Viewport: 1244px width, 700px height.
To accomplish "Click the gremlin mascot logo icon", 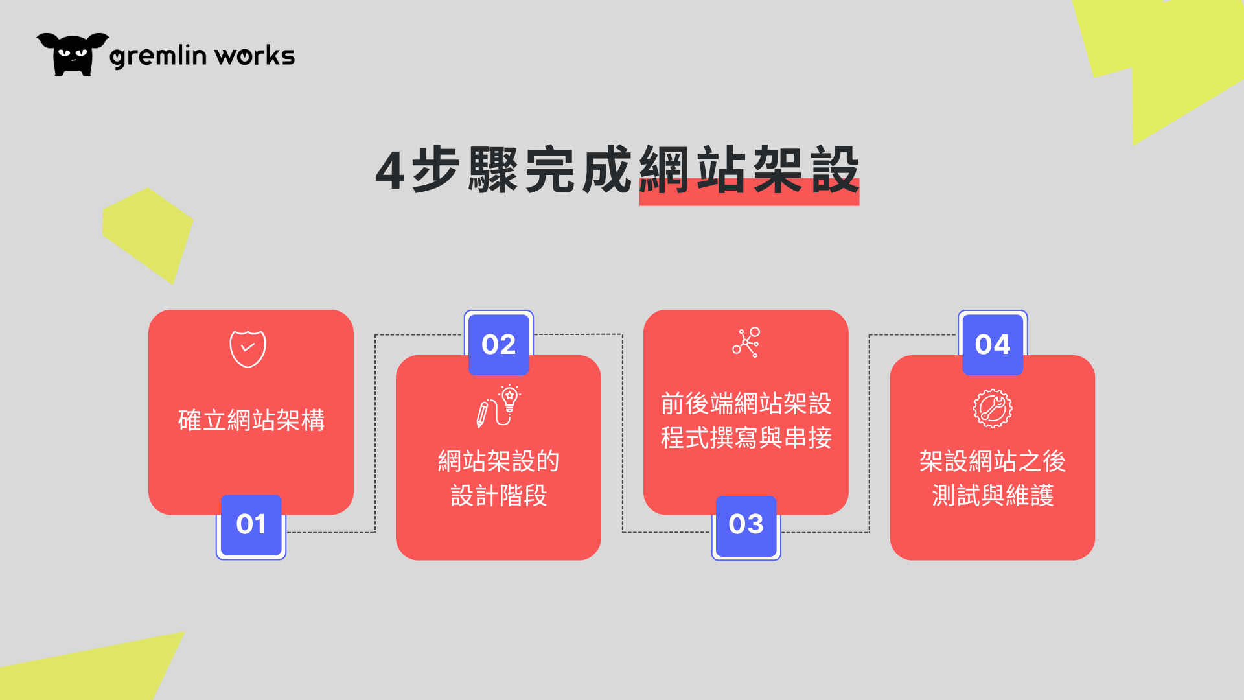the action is coord(73,54).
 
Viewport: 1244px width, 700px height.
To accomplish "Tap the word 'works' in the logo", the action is coord(255,56).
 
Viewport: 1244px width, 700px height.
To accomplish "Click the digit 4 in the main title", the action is coord(390,170).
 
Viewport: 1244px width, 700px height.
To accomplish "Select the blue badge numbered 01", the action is coord(251,525).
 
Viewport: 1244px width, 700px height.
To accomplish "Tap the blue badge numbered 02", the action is coord(498,344).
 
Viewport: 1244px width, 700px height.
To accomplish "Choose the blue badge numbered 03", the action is coord(746,525).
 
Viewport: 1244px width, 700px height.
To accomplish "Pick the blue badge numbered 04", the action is coord(993,344).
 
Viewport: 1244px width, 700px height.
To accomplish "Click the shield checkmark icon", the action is coord(248,349).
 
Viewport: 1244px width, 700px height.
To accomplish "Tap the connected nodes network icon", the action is coord(746,342).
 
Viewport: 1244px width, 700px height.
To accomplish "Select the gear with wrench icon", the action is coord(993,408).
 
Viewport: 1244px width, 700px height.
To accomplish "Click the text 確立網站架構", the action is coord(251,420).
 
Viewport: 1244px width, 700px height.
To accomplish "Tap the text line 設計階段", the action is coord(499,496).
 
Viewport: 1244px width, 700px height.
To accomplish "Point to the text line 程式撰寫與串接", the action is coord(746,438).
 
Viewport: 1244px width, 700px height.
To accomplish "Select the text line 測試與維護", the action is coord(993,496).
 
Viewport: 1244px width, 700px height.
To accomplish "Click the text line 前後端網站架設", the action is coord(746,404).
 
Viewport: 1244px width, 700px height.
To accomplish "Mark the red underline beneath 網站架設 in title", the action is coord(749,192).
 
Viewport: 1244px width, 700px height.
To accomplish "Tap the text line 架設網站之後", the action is coord(993,461).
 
